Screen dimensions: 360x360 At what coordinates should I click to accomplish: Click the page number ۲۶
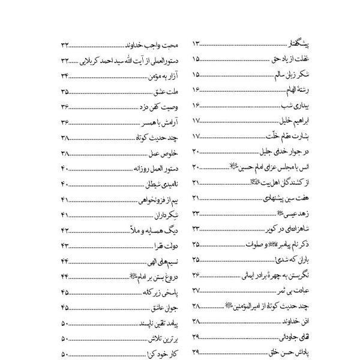pyautogui.click(x=197, y=275)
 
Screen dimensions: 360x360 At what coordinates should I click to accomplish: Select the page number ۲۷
pyautogui.click(x=197, y=291)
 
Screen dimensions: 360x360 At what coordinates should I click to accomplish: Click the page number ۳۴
pyautogui.click(x=65, y=76)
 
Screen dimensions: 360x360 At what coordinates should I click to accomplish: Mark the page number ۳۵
pyautogui.click(x=65, y=92)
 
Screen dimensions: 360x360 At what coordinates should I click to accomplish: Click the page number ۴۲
pyautogui.click(x=65, y=230)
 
